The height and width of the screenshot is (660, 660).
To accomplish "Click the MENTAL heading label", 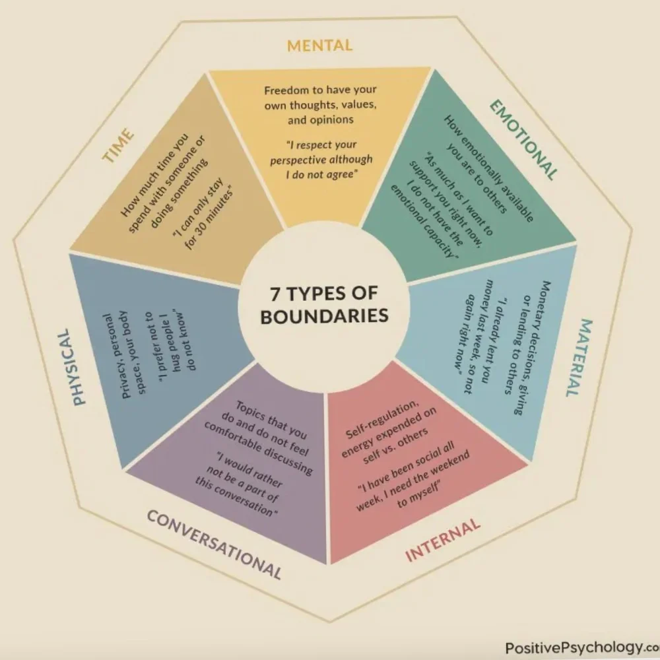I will pos(319,46).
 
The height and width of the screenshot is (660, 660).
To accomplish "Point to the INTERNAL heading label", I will pos(442,540).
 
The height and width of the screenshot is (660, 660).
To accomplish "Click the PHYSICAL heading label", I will pos(78,367).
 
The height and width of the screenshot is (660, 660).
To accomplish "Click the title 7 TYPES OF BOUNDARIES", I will pos(323,304).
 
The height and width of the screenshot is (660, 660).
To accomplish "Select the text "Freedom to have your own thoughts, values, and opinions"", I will pos(321,105).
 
